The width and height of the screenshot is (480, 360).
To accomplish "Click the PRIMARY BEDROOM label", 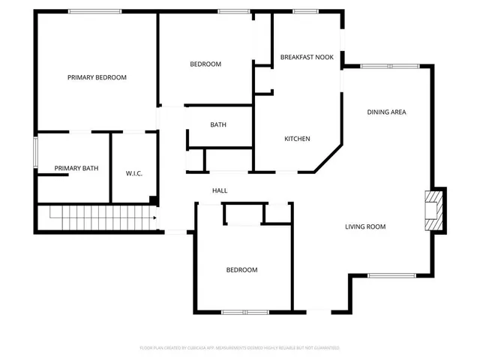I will click(x=97, y=77).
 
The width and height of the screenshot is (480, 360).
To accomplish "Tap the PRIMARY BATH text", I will click(x=76, y=168).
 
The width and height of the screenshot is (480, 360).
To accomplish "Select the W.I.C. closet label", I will click(x=133, y=174).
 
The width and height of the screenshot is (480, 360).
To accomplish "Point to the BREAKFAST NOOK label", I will click(x=307, y=57).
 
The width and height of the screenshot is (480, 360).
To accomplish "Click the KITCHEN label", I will click(x=297, y=139).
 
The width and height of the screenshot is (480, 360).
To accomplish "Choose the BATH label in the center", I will click(x=218, y=125).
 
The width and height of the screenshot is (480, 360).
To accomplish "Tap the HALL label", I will click(x=220, y=190).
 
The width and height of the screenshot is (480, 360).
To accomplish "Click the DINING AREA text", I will click(x=386, y=112).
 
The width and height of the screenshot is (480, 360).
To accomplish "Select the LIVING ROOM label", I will click(x=365, y=226).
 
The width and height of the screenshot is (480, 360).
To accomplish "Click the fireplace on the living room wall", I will click(x=433, y=210).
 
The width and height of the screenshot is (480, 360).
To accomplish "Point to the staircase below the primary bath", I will click(x=97, y=219).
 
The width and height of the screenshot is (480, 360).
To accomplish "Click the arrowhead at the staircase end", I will click(x=154, y=218).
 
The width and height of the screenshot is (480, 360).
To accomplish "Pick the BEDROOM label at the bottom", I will click(x=242, y=270).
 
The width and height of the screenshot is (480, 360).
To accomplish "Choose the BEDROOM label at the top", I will click(x=205, y=64).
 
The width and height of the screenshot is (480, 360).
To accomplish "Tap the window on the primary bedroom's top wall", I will click(x=94, y=11).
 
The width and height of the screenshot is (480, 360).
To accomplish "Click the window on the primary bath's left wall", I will click(x=35, y=152).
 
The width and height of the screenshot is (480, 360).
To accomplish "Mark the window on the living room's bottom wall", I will click(x=391, y=275).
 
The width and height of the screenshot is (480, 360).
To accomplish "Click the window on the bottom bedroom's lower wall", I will click(x=244, y=311).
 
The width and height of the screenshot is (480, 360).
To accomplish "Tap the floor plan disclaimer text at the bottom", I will click(x=240, y=348).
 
